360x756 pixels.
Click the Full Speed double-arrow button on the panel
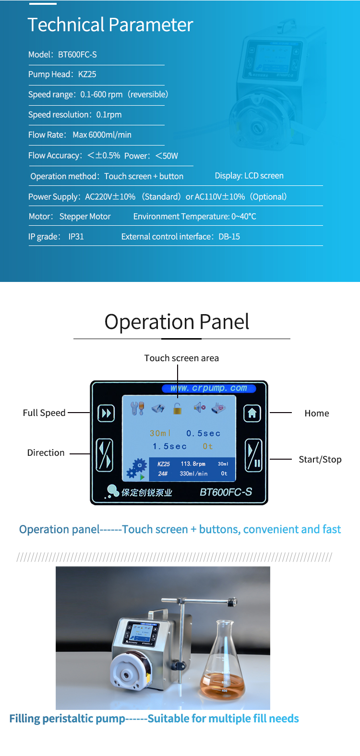(x=106, y=413)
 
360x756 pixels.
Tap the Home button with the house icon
(x=252, y=413)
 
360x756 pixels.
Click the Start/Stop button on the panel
(x=253, y=455)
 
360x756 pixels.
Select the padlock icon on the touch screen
(x=178, y=409)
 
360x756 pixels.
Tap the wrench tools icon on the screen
(x=137, y=408)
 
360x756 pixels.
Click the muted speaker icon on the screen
(x=199, y=407)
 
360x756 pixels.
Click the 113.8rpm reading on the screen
(x=193, y=463)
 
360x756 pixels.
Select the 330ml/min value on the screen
(x=193, y=474)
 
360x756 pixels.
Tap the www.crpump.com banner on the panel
(x=209, y=388)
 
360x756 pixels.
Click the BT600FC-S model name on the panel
(x=226, y=492)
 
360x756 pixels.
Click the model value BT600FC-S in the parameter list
(x=77, y=54)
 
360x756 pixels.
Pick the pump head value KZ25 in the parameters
(x=87, y=74)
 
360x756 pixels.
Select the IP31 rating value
(x=76, y=237)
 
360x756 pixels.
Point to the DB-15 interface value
(x=229, y=237)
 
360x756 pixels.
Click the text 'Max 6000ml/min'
(x=102, y=135)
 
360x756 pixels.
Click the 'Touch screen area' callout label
(x=181, y=358)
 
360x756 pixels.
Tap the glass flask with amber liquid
(x=223, y=659)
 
